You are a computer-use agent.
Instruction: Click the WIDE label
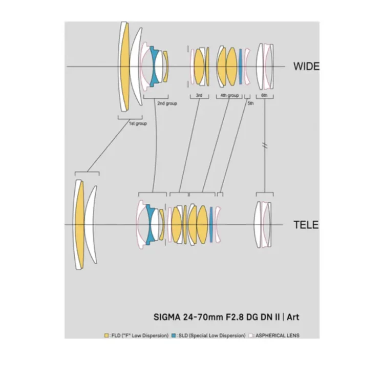[x=306, y=66]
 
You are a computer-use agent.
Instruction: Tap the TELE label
[x=306, y=225]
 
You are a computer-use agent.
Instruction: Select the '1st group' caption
[x=137, y=123]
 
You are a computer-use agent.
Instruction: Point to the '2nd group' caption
[x=167, y=103]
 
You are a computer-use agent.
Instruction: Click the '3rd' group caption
[x=199, y=96]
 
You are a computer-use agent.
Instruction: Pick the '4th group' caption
[x=229, y=96]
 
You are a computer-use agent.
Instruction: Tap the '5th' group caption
[x=250, y=103]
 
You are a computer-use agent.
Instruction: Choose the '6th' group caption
[x=264, y=96]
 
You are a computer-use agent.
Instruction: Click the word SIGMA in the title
[x=167, y=317]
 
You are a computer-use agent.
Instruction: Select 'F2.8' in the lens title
[x=239, y=317]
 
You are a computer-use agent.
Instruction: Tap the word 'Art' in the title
[x=293, y=317]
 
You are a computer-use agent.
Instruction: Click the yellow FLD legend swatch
[x=106, y=336]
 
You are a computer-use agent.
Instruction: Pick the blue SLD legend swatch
[x=174, y=336]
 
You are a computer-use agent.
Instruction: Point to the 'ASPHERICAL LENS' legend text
[x=277, y=336]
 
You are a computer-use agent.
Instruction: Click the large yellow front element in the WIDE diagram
[x=124, y=67]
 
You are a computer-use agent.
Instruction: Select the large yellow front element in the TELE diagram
[x=79, y=224]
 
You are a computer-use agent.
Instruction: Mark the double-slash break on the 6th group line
[x=265, y=145]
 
